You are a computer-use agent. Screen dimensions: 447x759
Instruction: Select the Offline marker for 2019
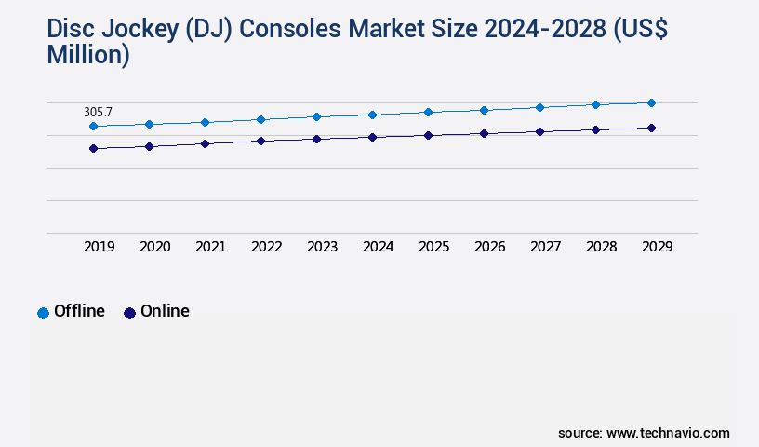pos(93,126)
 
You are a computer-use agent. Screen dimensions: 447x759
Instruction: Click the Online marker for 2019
pos(93,148)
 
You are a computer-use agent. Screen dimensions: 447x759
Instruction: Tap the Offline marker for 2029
pos(651,102)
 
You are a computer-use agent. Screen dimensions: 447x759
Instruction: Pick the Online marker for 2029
pos(651,128)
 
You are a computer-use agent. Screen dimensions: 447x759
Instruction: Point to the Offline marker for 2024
pos(372,115)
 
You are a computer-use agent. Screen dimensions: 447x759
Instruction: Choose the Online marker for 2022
pos(260,141)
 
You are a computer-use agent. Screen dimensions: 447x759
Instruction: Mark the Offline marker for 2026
pos(484,110)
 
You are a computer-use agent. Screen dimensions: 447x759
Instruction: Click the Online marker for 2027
pos(539,131)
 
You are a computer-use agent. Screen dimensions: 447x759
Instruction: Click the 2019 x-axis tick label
pos(100,247)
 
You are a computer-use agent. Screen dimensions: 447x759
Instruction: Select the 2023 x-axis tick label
pos(322,247)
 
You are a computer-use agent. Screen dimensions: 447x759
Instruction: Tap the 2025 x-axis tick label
pos(433,247)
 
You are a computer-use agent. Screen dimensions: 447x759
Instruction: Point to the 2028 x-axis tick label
pos(601,247)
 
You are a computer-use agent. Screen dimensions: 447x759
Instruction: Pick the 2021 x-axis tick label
pos(210,247)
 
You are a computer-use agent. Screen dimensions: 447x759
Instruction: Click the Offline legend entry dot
pos(43,313)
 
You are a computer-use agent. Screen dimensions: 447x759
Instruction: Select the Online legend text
pos(165,311)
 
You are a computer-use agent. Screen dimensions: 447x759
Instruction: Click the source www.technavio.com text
pos(644,433)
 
